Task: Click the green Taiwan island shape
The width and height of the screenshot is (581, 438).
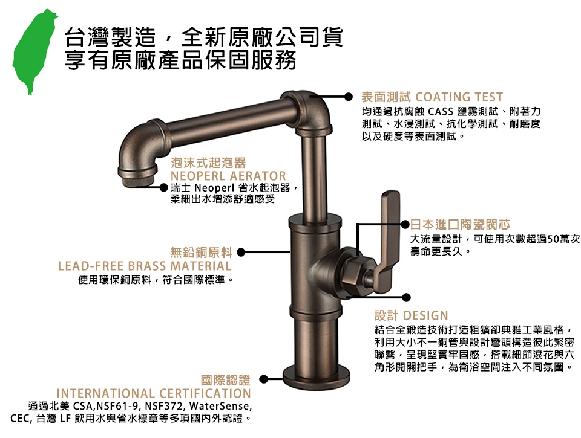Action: pyautogui.click(x=33, y=50)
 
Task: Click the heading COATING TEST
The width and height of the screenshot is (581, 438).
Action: pyautogui.click(x=459, y=97)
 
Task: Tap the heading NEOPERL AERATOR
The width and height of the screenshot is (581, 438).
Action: pyautogui.click(x=228, y=176)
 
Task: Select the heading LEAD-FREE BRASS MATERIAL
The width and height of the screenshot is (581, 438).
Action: pyautogui.click(x=145, y=266)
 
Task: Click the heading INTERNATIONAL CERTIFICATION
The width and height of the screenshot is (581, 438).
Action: pyautogui.click(x=154, y=393)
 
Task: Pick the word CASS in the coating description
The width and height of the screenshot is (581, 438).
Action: pyautogui.click(x=441, y=111)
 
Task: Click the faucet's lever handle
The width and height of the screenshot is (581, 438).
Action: pyautogui.click(x=387, y=240)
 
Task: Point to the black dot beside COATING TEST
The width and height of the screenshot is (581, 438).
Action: pyautogui.click(x=349, y=97)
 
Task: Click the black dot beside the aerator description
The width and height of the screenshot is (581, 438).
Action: pyautogui.click(x=164, y=187)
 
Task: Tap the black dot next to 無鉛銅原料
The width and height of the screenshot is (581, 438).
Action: pyautogui.click(x=241, y=253)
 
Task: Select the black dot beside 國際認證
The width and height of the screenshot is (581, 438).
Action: pyautogui.click(x=263, y=379)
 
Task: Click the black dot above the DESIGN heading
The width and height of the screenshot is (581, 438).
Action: pyautogui.click(x=407, y=297)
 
